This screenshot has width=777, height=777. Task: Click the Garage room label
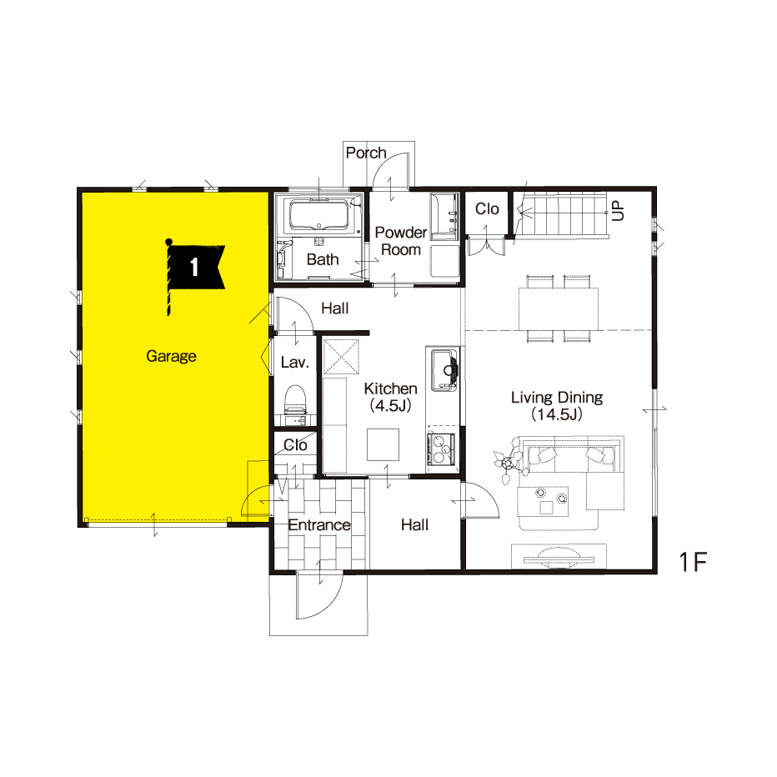pyautogui.click(x=171, y=356)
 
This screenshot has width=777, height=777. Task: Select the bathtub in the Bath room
pyautogui.click(x=319, y=215)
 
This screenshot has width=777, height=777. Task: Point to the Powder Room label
pyautogui.click(x=401, y=241)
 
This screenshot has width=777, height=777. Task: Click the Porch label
pyautogui.click(x=366, y=153)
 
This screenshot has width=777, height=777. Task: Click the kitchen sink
pyautogui.click(x=444, y=370)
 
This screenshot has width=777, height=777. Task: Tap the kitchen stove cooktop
pyautogui.click(x=442, y=449)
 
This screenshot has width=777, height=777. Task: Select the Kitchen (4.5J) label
pyautogui.click(x=390, y=397)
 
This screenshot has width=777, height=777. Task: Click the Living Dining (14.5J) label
pyautogui.click(x=556, y=405)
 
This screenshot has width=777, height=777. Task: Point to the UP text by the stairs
pyautogui.click(x=618, y=211)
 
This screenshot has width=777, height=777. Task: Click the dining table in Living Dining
pyautogui.click(x=559, y=308)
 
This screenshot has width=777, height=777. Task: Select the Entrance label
pyautogui.click(x=319, y=524)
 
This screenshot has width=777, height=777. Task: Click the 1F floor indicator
pyautogui.click(x=692, y=562)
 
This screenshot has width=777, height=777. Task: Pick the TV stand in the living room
pyautogui.click(x=559, y=556)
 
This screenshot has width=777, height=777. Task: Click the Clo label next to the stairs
pyautogui.click(x=487, y=209)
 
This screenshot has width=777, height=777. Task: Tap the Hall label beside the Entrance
pyautogui.click(x=415, y=524)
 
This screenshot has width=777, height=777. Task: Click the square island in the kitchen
pyautogui.click(x=383, y=444)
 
